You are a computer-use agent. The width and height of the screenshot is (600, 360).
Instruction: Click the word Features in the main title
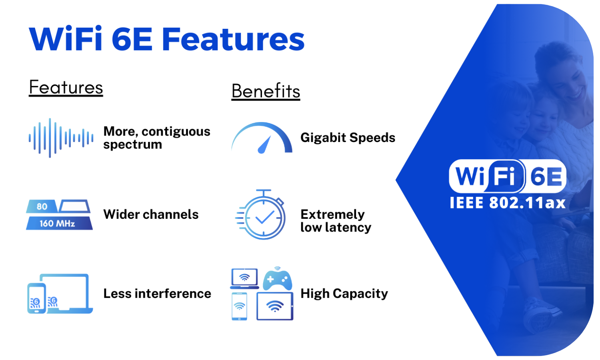click(x=233, y=39)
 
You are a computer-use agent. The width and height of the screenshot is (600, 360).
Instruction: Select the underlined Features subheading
click(x=66, y=88)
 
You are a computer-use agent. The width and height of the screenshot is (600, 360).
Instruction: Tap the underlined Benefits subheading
click(x=266, y=91)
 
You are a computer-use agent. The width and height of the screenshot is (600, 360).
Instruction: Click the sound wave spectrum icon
click(x=61, y=138)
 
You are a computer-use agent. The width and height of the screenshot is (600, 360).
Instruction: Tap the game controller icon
click(x=277, y=279)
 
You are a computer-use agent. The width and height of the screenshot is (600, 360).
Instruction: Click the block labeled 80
click(x=42, y=206)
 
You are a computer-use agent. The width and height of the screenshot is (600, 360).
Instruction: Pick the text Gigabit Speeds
click(x=348, y=138)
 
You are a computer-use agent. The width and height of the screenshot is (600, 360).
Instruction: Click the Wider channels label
click(x=151, y=214)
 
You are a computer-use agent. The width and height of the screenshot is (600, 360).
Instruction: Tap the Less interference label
click(x=157, y=294)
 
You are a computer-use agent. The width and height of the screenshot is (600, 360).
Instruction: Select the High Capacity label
click(x=344, y=294)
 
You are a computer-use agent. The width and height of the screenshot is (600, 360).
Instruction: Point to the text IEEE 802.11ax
click(x=507, y=203)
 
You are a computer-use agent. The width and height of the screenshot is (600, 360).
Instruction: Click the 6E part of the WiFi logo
click(x=546, y=176)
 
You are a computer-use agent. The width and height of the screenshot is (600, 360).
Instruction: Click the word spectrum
click(x=132, y=145)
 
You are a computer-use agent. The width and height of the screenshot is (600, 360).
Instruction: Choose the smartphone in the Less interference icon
click(x=36, y=298)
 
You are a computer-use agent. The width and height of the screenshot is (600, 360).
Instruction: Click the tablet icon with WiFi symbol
click(x=275, y=306)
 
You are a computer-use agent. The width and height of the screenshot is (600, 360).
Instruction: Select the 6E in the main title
click(x=132, y=39)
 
